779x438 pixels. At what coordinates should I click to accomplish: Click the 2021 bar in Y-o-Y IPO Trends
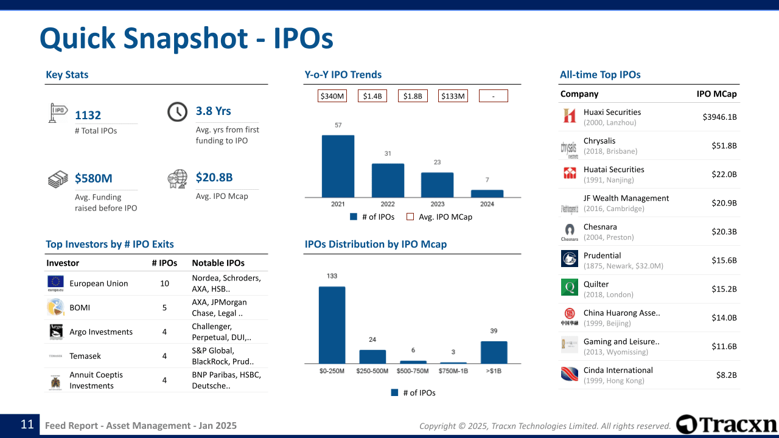(x=338, y=165)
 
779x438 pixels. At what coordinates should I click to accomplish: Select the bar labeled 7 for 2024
(x=487, y=193)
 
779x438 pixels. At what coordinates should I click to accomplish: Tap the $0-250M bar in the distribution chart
(x=332, y=325)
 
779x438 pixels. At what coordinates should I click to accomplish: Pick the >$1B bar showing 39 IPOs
(x=494, y=352)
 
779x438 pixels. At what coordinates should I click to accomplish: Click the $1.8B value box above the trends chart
(x=413, y=96)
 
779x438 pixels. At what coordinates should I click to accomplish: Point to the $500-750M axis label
(x=413, y=371)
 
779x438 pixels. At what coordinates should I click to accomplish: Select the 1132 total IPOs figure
(x=88, y=115)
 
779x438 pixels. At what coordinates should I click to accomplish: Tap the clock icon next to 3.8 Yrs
(x=177, y=112)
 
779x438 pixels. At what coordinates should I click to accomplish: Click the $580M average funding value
(x=94, y=178)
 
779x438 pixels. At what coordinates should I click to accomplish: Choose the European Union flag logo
(x=55, y=283)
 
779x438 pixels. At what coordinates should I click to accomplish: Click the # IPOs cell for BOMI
(x=164, y=308)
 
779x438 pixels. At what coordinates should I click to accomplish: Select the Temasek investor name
(x=85, y=356)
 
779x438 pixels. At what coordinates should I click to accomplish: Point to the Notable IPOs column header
(x=218, y=263)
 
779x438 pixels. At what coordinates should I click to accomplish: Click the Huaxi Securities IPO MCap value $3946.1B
(x=719, y=117)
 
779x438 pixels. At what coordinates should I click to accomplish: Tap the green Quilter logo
(x=570, y=287)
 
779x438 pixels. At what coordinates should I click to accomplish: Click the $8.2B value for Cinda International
(x=726, y=375)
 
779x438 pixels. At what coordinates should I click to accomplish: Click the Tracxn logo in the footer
(x=727, y=425)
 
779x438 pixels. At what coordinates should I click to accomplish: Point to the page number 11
(x=27, y=425)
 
